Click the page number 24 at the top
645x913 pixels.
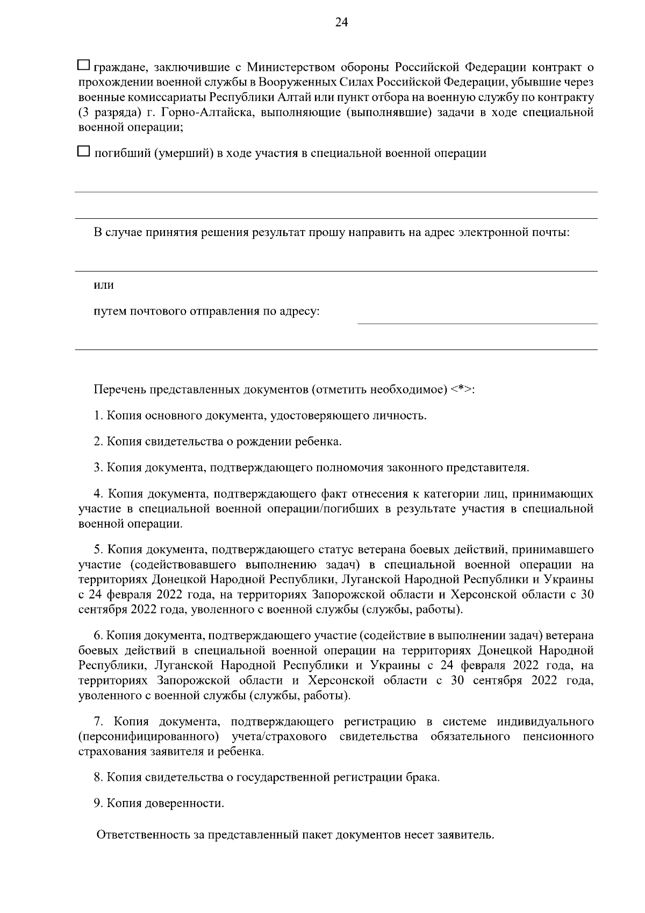coord(342,22)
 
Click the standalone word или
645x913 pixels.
coord(104,285)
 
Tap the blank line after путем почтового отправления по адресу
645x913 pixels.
coord(477,318)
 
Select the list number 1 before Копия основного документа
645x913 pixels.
coord(97,416)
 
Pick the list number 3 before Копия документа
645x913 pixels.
coord(97,468)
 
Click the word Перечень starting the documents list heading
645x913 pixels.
coord(119,389)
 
